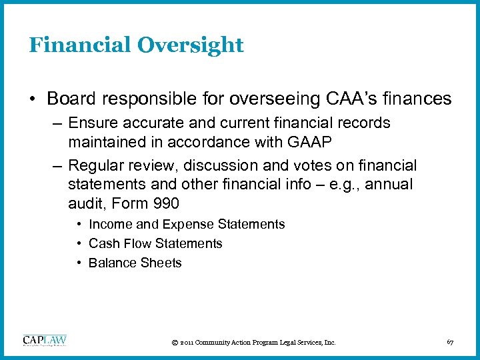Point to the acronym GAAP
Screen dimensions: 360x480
click(324, 143)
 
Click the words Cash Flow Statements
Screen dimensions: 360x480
click(155, 244)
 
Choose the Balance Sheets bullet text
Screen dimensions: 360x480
click(135, 263)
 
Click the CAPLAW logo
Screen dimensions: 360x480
click(45, 341)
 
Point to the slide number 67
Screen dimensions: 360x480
click(450, 342)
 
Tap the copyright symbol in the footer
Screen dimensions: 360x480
click(174, 343)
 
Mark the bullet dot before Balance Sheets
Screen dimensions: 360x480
click(79, 263)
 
